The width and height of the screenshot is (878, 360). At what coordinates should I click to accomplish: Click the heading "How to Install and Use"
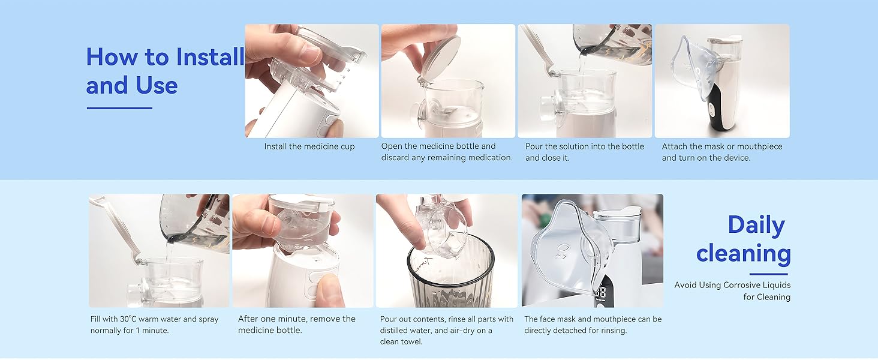pyautogui.click(x=165, y=71)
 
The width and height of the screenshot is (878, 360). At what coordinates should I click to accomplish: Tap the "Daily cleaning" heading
pyautogui.click(x=744, y=239)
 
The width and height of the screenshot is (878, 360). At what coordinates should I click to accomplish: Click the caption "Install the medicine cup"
pyautogui.click(x=309, y=146)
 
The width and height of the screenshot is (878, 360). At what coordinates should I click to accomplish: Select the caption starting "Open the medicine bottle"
pyautogui.click(x=447, y=152)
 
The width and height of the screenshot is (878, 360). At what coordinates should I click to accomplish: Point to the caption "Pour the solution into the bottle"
pyautogui.click(x=584, y=152)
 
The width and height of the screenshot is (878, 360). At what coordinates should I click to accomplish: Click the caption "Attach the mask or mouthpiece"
pyautogui.click(x=722, y=152)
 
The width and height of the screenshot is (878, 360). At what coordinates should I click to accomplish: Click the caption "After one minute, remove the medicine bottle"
pyautogui.click(x=297, y=325)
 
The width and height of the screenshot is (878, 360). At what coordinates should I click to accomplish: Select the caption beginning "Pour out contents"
pyautogui.click(x=447, y=330)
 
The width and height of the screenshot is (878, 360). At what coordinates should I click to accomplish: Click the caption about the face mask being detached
pyautogui.click(x=593, y=325)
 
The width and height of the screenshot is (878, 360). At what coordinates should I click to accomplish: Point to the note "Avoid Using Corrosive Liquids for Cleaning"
pyautogui.click(x=732, y=291)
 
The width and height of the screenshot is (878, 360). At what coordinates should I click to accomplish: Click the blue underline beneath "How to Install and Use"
pyautogui.click(x=119, y=108)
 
